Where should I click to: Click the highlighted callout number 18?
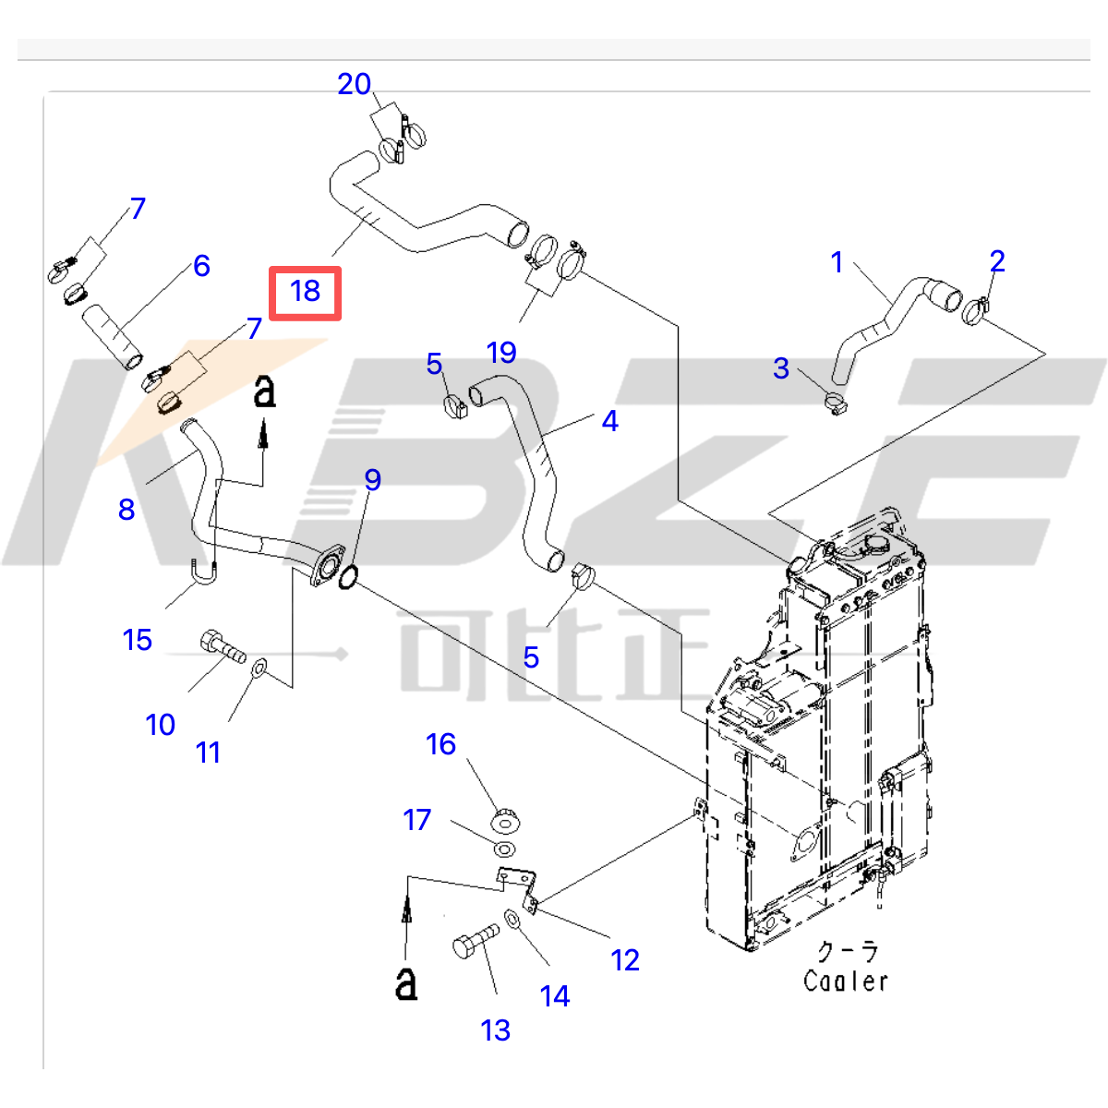tap(305, 292)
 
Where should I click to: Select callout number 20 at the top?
tap(354, 85)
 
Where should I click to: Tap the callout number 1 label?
tap(837, 263)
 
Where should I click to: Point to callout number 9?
tap(372, 480)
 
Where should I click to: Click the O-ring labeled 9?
tap(348, 579)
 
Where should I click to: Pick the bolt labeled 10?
tap(222, 645)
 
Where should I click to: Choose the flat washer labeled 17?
tap(504, 849)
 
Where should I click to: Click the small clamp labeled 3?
tap(835, 403)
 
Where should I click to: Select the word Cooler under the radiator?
tap(845, 981)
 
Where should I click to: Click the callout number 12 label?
tap(625, 961)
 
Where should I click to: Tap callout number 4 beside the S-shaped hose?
tap(609, 422)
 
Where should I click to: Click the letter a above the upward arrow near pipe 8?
tap(264, 391)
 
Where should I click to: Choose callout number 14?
tap(555, 996)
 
